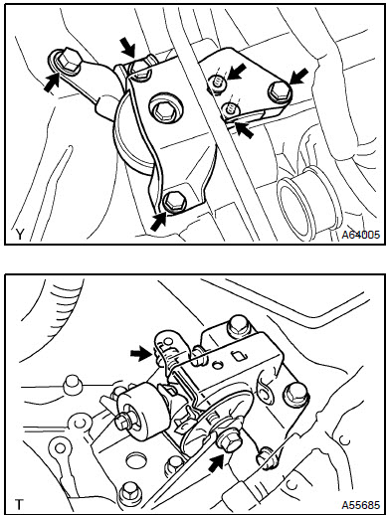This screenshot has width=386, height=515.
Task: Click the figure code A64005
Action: point(361,235)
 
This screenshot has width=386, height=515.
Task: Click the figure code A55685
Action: point(361,505)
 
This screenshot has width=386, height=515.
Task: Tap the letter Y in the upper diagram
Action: point(20,235)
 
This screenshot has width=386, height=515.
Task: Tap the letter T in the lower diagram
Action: point(20,505)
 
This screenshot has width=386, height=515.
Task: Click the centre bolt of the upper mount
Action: point(163,111)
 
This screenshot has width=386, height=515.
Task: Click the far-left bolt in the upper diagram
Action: point(68,60)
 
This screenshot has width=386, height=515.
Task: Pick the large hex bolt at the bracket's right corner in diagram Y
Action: point(280,91)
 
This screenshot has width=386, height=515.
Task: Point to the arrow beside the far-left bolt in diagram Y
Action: point(52,83)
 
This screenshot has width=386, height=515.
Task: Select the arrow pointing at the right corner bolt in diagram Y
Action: point(298,77)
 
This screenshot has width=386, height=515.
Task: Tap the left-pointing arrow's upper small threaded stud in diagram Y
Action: point(219,84)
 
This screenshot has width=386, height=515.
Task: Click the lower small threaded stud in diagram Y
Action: point(231,109)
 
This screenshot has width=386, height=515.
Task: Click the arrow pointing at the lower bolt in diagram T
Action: point(218,463)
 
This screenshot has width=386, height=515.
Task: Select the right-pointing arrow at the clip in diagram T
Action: point(140,354)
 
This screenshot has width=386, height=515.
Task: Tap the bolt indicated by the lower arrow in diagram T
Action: point(229,440)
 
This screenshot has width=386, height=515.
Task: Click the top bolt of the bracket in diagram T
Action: point(238,324)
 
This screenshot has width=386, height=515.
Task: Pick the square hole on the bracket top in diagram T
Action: point(240,356)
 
